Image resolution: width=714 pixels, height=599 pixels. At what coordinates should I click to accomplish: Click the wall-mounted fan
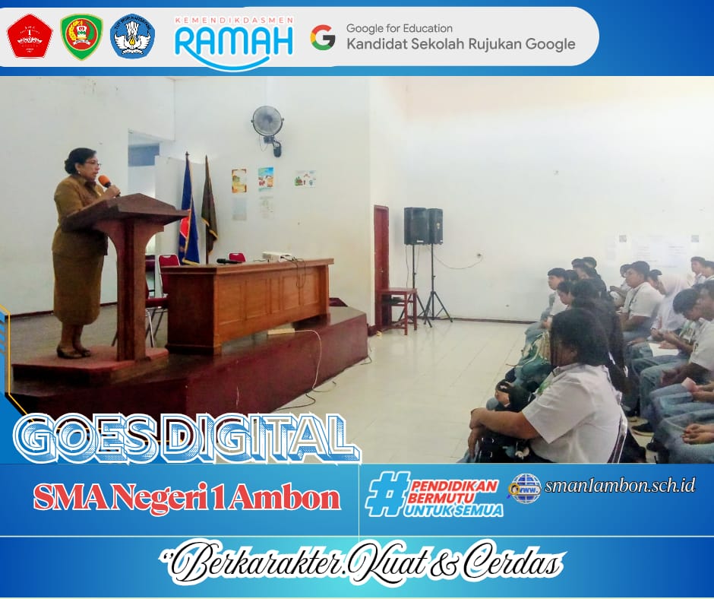tap(267, 122)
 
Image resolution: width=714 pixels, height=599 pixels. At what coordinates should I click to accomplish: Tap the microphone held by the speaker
tap(106, 182)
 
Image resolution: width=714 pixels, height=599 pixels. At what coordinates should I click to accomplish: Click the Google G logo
tap(323, 37)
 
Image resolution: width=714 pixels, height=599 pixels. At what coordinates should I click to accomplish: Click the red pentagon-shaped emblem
tap(30, 36)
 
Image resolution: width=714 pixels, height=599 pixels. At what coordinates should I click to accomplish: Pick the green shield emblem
tap(81, 36)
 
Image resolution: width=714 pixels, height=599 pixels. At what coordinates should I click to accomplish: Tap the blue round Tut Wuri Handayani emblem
tap(132, 36)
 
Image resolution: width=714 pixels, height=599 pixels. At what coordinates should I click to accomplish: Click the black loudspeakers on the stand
tap(423, 226)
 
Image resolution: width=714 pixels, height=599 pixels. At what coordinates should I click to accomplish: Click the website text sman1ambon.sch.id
tap(620, 485)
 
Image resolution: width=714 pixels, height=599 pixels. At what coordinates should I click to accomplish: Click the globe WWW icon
tap(524, 487)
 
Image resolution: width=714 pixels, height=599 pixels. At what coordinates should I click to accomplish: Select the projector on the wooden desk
tap(277, 256)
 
